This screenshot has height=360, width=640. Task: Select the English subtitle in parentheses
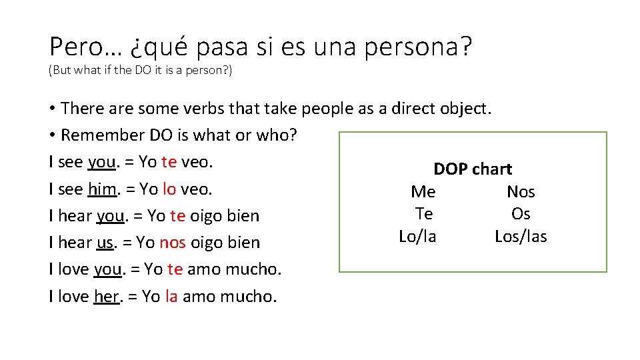(x=140, y=71)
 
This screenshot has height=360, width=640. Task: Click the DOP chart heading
(x=473, y=169)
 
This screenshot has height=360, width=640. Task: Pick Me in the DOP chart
(x=423, y=192)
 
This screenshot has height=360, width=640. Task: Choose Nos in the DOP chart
(x=521, y=192)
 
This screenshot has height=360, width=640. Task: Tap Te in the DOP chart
(x=424, y=214)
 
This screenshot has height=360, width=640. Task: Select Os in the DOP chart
(x=521, y=214)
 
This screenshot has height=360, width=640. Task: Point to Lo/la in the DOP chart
(x=417, y=237)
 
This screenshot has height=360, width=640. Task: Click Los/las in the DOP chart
(x=521, y=237)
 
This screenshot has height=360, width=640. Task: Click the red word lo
(x=169, y=189)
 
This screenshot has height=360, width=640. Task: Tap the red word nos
(x=173, y=243)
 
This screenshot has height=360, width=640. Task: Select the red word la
(x=171, y=297)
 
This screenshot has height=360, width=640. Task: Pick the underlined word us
(x=105, y=243)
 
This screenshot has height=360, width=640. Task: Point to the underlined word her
(x=107, y=297)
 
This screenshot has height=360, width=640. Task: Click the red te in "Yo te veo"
(x=169, y=162)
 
